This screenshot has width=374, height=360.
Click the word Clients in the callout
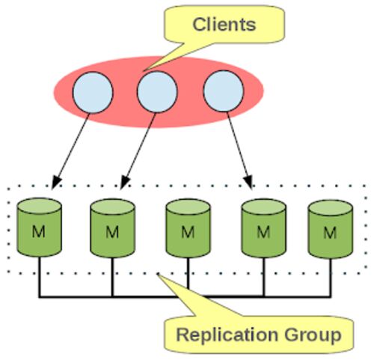[224, 25]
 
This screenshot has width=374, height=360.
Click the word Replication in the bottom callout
[227, 335]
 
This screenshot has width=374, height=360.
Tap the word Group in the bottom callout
[313, 335]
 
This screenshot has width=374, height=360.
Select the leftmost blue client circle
[93, 93]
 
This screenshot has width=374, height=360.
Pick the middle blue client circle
[157, 92]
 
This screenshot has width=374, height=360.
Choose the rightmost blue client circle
[224, 91]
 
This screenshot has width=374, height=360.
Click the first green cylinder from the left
[39, 227]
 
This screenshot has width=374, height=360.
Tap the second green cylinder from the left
[113, 228]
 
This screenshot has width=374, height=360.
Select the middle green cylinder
[188, 228]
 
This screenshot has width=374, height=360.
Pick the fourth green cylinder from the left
[264, 228]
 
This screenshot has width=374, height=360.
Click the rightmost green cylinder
[331, 229]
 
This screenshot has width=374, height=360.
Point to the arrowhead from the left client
[56, 182]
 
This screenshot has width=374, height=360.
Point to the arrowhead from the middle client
[125, 182]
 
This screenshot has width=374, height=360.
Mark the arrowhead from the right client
[248, 182]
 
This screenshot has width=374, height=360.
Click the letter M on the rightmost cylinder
[331, 233]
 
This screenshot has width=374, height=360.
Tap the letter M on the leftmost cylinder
[39, 231]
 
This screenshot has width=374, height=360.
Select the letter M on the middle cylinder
[188, 232]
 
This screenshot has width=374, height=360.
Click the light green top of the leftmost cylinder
[39, 206]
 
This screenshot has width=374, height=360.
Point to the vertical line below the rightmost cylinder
[331, 278]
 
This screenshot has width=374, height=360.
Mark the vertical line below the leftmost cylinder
[39, 277]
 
